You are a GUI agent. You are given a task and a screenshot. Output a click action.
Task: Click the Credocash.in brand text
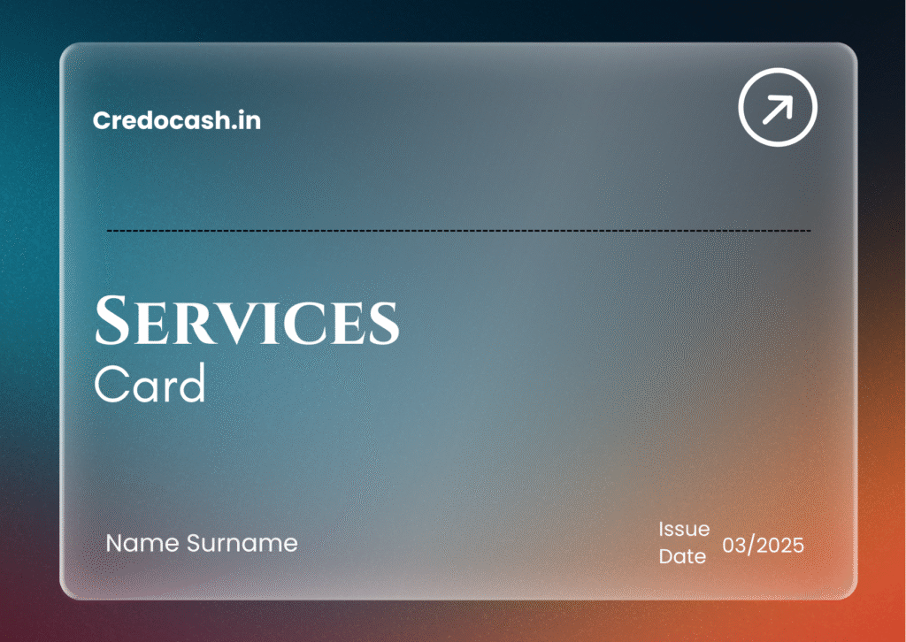tap(176, 120)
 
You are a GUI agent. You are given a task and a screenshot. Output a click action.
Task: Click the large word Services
tap(247, 322)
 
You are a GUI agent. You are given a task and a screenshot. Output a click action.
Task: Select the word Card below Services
tap(150, 385)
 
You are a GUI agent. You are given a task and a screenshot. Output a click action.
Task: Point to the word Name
tap(142, 543)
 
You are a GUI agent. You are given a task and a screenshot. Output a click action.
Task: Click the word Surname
tap(242, 543)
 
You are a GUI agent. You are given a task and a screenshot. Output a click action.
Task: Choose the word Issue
tap(684, 530)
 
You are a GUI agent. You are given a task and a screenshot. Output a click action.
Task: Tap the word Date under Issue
tap(682, 557)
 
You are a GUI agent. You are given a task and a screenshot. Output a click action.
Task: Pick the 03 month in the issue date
tap(735, 545)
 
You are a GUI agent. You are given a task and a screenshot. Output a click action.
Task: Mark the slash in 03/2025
tap(751, 545)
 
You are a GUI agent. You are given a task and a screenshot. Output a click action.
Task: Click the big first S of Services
tap(112, 322)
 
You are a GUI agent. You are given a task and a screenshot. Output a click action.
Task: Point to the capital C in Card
tap(110, 385)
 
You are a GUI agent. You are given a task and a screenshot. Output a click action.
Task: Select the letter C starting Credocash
tap(100, 120)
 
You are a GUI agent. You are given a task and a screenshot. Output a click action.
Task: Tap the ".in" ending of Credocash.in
tap(247, 120)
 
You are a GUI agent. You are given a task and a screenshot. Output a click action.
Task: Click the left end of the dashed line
tap(108, 231)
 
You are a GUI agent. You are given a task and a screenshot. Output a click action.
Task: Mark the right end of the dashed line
tap(810, 231)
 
